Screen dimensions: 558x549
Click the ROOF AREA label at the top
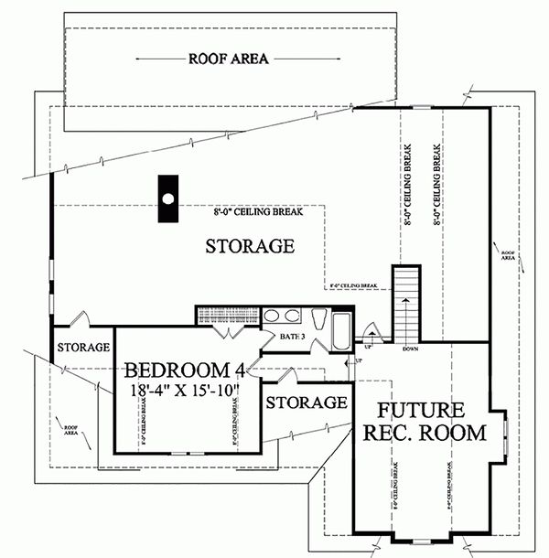pos(228,59)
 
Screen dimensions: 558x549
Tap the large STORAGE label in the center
pos(249,246)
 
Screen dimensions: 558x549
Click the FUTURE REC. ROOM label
pos(421,421)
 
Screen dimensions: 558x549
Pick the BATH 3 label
pos(292,338)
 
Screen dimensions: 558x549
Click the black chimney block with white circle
pos(167,199)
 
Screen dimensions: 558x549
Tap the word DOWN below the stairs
pos(410,348)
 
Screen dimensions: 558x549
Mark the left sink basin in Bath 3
pos(273,317)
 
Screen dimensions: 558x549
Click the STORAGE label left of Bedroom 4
pos(83,348)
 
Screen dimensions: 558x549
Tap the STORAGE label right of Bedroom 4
pos(307,402)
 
